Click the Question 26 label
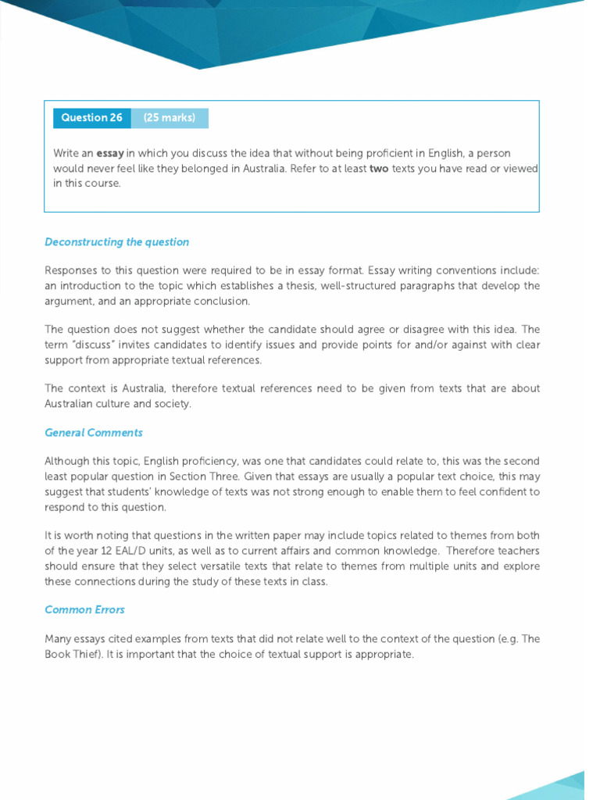click(x=92, y=118)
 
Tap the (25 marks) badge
click(x=170, y=118)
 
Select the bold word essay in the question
click(x=110, y=153)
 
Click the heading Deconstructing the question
click(x=117, y=242)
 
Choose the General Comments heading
click(x=94, y=433)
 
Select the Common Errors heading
click(x=84, y=609)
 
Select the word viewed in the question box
click(x=522, y=168)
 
